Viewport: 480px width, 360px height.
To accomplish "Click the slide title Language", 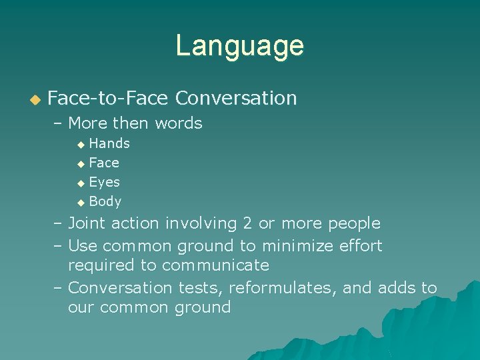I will (239, 46).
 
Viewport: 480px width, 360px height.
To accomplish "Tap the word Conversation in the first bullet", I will (235, 98).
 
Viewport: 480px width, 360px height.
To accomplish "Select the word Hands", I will (109, 143).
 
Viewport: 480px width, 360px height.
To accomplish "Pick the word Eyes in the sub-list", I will (105, 182).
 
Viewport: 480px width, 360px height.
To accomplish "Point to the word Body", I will (105, 201).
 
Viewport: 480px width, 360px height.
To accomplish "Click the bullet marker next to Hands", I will (81, 144).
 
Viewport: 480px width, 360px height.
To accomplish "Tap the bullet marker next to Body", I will (81, 202).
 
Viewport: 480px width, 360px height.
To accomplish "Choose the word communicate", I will (215, 265).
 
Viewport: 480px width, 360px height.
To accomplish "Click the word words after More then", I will (178, 123).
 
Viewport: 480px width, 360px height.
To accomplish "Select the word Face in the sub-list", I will (104, 163).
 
